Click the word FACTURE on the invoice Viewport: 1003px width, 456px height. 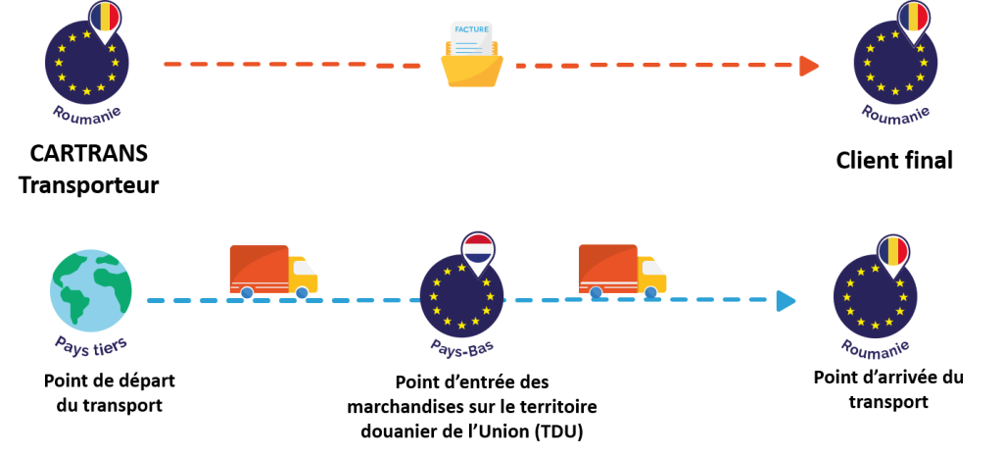(471, 30)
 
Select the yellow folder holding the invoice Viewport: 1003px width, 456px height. (471, 71)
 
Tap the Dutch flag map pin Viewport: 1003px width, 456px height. (477, 251)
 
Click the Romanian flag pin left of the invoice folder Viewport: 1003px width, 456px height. (105, 19)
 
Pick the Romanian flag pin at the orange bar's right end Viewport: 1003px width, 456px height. (912, 19)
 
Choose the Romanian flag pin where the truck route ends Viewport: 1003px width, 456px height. (891, 252)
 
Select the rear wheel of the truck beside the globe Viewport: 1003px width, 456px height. (246, 291)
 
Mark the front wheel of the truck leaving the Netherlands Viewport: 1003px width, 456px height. (649, 291)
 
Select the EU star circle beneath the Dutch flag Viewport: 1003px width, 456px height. (461, 294)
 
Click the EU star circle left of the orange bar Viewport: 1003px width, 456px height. (87, 66)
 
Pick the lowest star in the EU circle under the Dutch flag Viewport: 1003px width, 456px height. (461, 324)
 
